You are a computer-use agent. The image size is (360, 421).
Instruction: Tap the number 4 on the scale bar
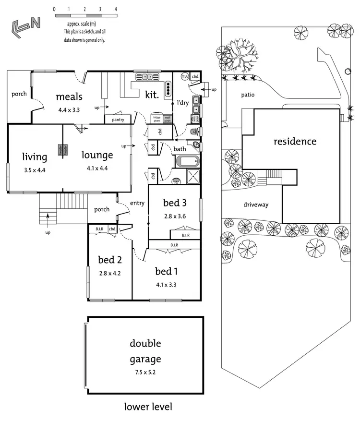pos(116,9)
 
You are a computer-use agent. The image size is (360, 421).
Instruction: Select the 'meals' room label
pos(69,96)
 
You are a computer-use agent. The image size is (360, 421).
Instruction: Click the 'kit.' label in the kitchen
pos(151,95)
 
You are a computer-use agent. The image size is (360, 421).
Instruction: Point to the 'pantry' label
pos(118,120)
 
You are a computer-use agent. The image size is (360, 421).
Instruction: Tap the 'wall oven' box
pos(168,119)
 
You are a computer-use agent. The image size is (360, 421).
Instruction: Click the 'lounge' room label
pos(97,155)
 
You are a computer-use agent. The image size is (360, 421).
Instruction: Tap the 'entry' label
pos(137,203)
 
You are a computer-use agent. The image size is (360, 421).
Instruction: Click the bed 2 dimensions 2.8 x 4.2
pos(109,273)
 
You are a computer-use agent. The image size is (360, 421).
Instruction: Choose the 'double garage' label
pos(145,351)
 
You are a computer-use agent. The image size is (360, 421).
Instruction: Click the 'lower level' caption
pos(147,407)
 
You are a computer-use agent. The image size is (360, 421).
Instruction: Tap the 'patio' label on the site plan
pos(248,95)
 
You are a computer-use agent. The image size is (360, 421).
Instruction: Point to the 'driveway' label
pos(256,204)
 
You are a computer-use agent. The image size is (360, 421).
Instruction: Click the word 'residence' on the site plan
pos(295,142)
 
